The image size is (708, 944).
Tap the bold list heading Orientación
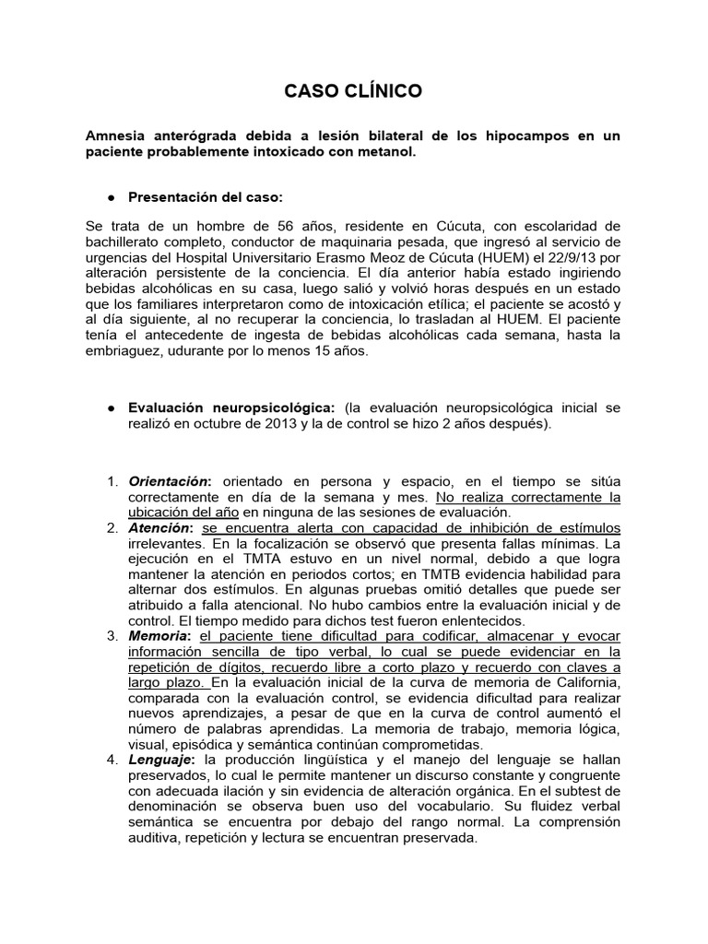click(170, 481)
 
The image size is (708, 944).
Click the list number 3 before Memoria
click(111, 636)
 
